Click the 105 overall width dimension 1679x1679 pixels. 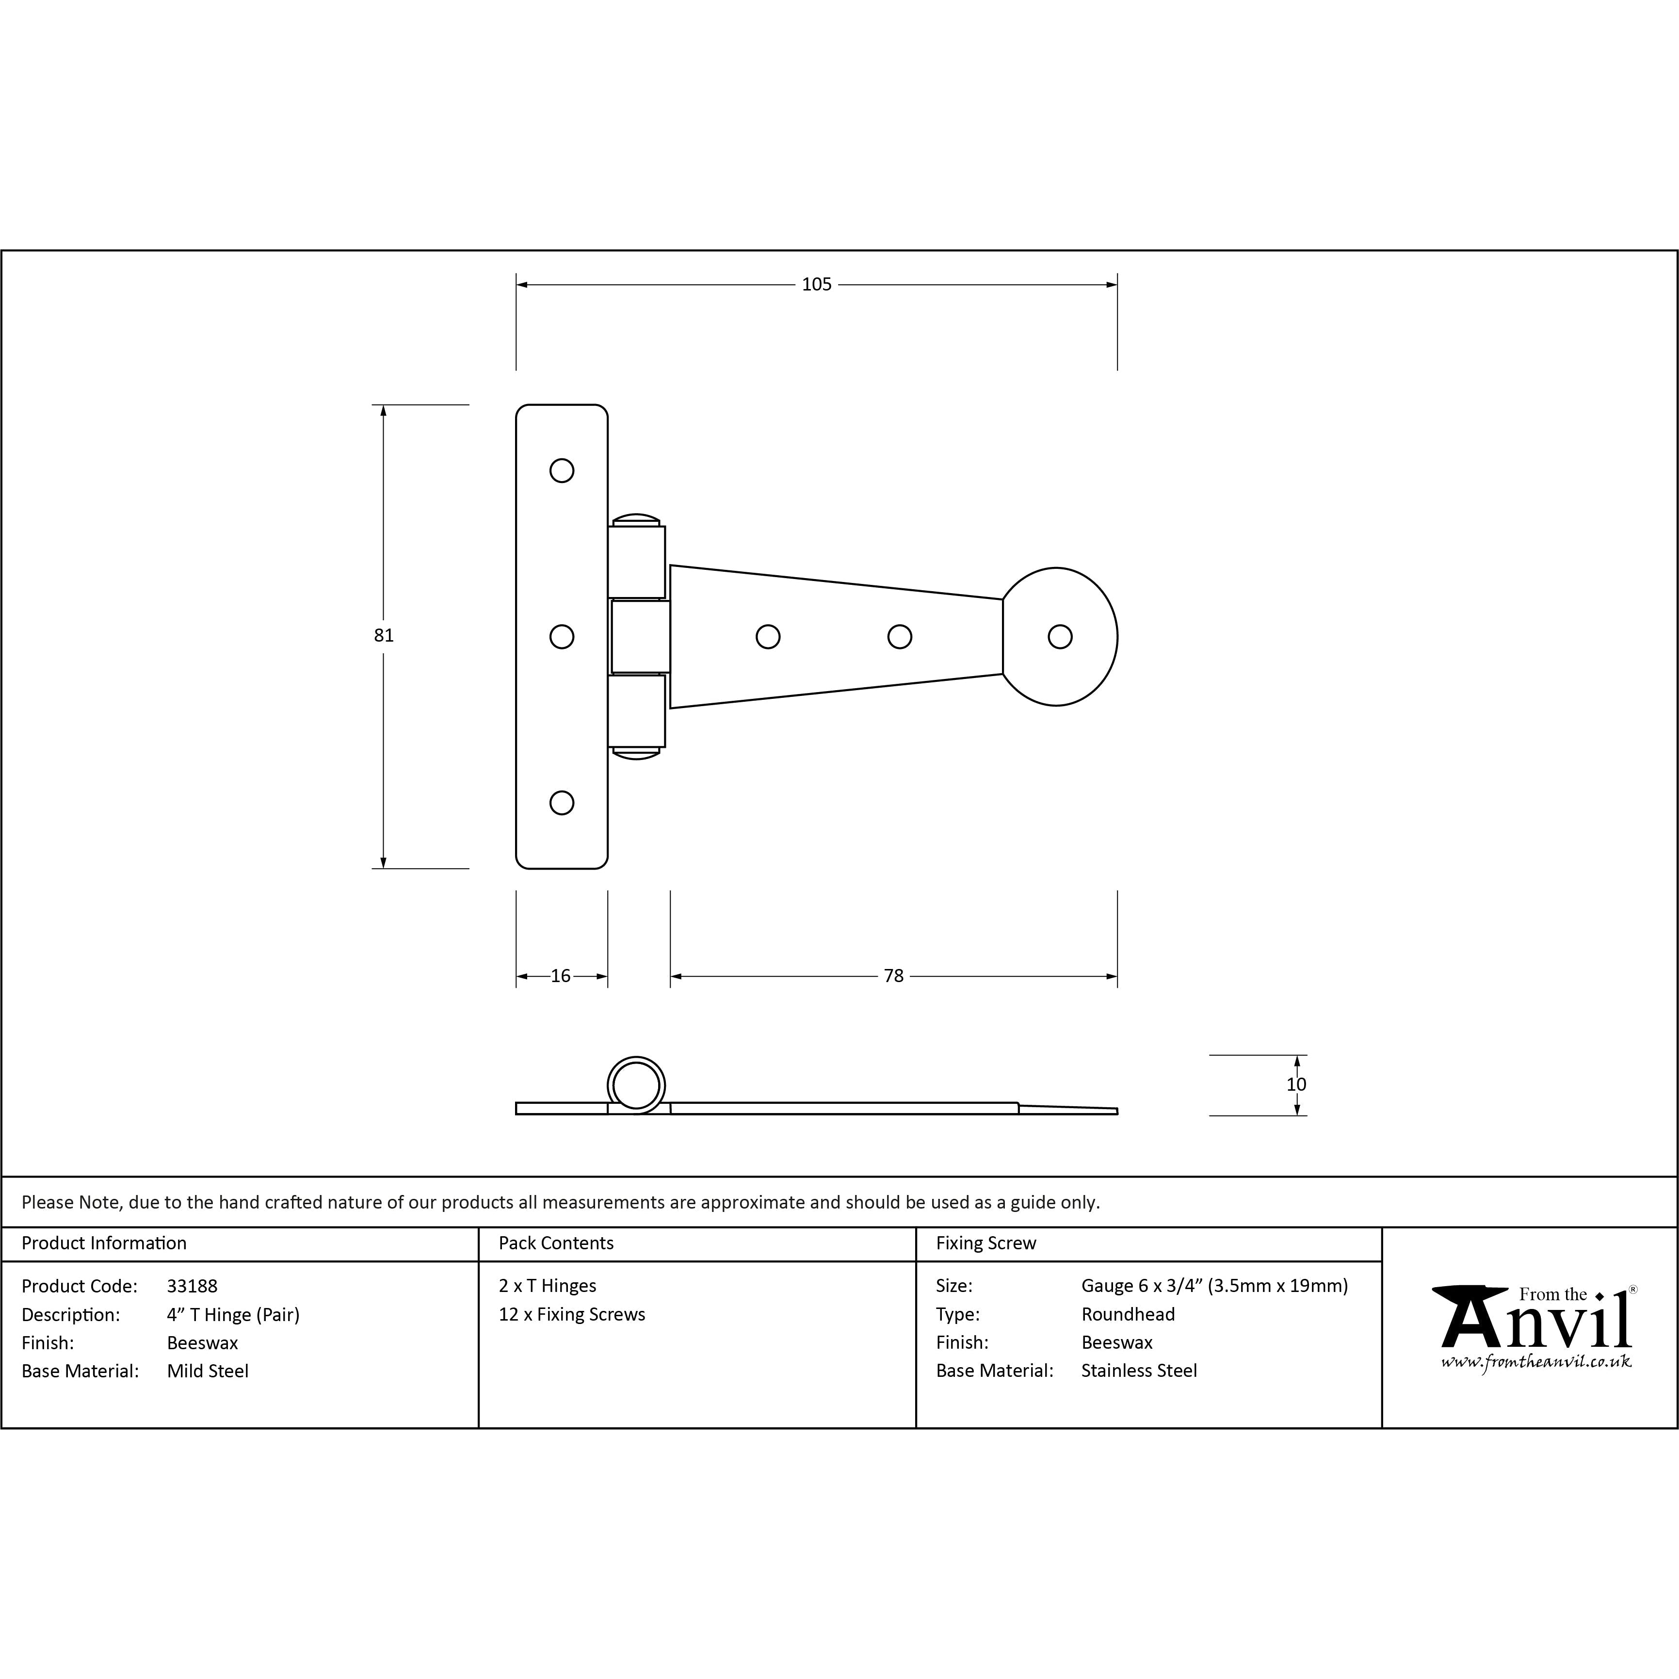point(816,284)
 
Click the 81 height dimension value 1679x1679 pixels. point(383,635)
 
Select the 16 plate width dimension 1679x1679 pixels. point(561,976)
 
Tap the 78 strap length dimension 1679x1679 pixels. point(893,976)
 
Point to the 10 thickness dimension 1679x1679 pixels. point(1296,1084)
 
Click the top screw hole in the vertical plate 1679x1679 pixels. point(562,470)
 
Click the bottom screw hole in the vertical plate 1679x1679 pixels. point(562,802)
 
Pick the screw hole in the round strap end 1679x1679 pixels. point(1059,636)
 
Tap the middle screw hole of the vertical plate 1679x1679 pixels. point(562,636)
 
